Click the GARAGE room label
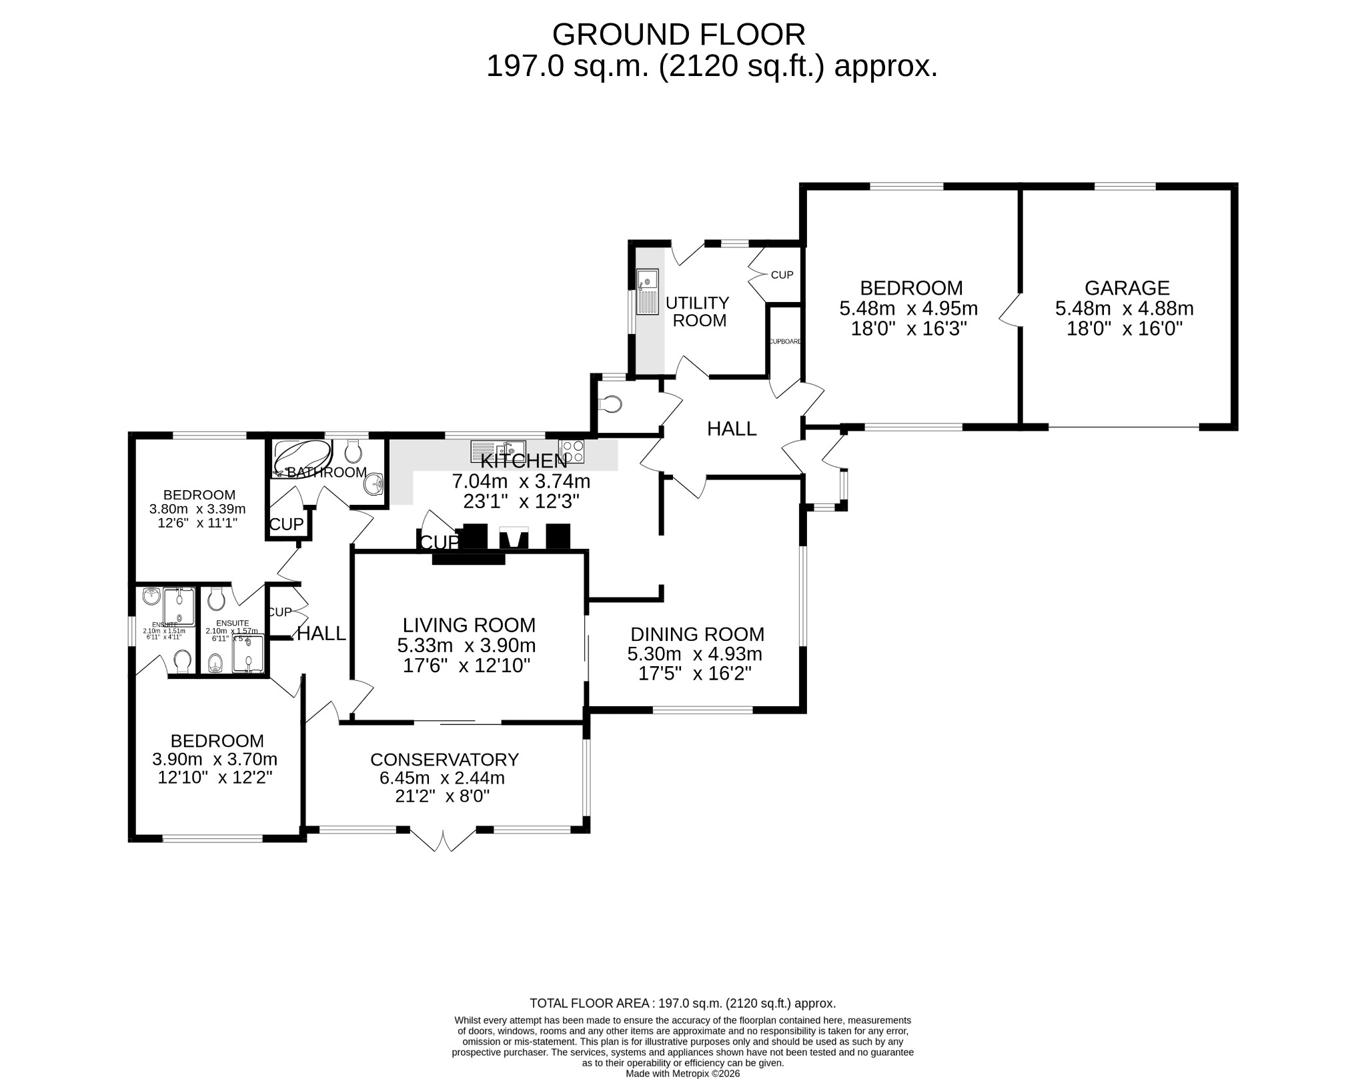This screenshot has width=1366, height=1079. (x=1127, y=288)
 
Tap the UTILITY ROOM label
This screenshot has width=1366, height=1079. (x=698, y=311)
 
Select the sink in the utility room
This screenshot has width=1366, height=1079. (x=647, y=291)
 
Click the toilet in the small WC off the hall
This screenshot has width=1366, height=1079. (x=610, y=403)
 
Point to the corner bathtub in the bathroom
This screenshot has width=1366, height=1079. (x=301, y=457)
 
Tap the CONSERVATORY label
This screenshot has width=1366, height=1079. (x=444, y=760)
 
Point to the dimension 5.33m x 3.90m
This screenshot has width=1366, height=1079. (x=466, y=646)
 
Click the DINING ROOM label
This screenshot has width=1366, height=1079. (x=697, y=634)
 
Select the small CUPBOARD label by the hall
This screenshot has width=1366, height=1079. (x=784, y=341)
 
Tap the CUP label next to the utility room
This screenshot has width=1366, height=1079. (x=782, y=275)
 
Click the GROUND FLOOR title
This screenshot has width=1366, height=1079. (x=678, y=35)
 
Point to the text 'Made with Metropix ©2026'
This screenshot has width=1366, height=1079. (x=682, y=1074)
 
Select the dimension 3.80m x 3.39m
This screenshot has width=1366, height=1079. (x=197, y=509)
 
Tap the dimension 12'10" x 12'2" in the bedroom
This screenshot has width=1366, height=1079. (x=215, y=778)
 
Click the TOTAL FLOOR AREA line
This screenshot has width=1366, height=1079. (x=682, y=1022)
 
